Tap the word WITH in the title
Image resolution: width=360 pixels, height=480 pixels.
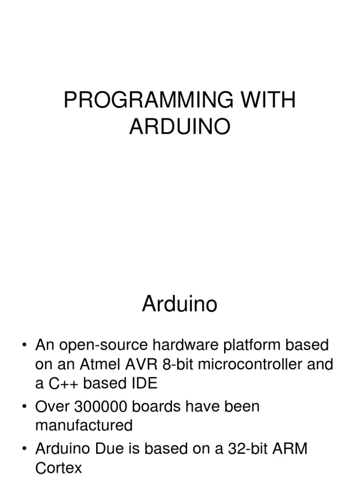(x=272, y=100)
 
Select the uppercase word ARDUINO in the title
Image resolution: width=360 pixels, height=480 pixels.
(x=180, y=127)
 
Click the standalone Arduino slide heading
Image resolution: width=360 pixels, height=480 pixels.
(x=180, y=305)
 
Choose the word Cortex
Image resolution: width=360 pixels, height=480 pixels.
(x=59, y=468)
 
